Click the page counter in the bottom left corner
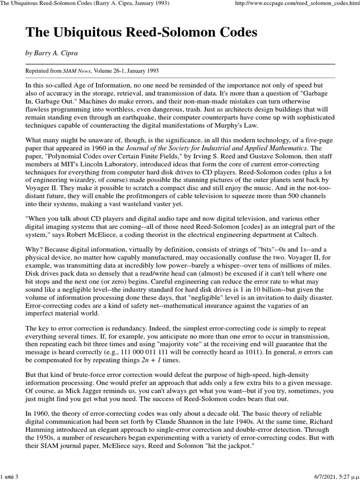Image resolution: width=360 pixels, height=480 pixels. [9, 477]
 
